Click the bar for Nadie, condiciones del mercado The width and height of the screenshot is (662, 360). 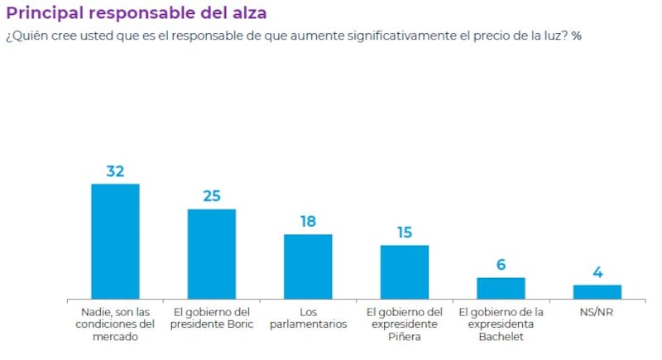coord(115,241)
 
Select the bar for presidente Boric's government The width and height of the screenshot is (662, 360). coord(211,253)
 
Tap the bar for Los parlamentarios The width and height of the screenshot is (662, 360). coord(308,266)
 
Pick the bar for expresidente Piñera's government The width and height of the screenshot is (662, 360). coord(405,271)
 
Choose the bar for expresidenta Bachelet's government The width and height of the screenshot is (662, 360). coord(501,288)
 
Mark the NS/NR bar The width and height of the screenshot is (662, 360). coord(597,291)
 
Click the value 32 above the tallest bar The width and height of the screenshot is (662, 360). coord(115,171)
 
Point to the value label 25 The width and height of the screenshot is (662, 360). coord(212,196)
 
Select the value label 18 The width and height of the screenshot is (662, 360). coord(308,222)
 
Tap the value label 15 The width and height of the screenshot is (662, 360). coord(405,233)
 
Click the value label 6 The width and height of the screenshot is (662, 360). coord(501,265)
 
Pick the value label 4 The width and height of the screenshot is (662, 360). coord(597,272)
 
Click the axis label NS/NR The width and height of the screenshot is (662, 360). coord(597,312)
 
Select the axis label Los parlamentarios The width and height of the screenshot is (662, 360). coord(308,319)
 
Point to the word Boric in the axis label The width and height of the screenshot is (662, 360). coord(237,324)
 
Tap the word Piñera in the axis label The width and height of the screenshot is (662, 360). coord(405,337)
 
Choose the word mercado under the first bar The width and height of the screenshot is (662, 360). coord(115,337)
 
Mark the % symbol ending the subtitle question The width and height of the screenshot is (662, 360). coord(577,36)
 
